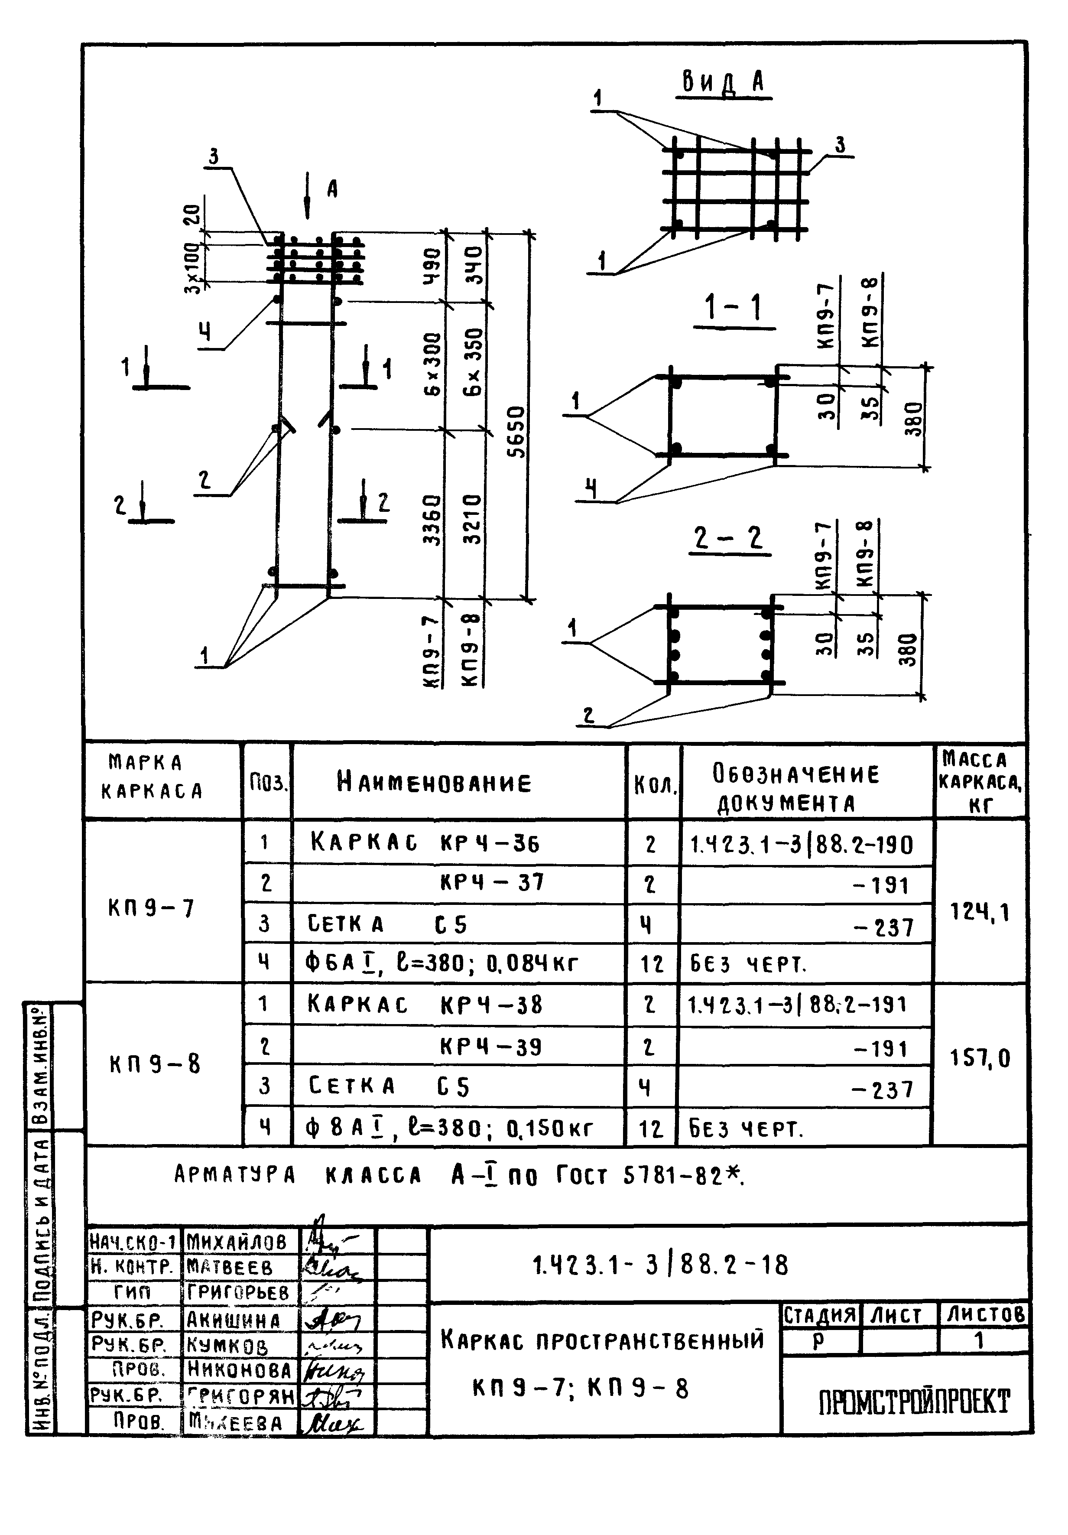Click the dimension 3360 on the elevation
pos(433,520)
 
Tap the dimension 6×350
pos(474,362)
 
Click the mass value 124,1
pos(980,912)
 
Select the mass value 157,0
pos(980,1058)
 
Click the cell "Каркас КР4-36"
pos(425,843)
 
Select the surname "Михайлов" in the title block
pos(237,1242)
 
